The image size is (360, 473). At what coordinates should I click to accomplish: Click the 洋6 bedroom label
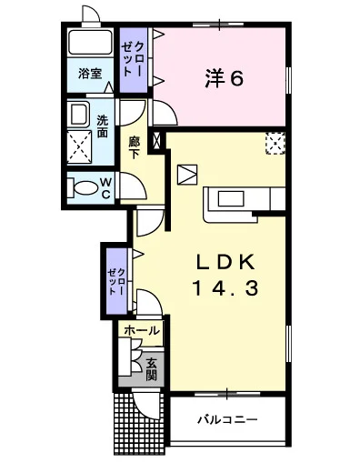point(225,78)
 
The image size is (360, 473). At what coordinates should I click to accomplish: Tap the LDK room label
point(225,262)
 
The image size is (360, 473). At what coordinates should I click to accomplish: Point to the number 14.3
point(225,288)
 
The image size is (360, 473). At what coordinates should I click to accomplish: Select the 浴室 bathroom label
point(90,74)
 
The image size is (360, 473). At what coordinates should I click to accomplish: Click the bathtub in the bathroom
point(90,42)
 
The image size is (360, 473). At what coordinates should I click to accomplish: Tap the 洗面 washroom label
point(103,126)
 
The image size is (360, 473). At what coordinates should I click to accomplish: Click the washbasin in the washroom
point(79,115)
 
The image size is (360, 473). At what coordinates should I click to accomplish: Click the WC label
point(105,188)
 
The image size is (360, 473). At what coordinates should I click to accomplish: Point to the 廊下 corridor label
point(134,147)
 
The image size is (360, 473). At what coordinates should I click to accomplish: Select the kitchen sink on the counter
point(231,199)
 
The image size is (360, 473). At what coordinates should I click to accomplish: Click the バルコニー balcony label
point(227,419)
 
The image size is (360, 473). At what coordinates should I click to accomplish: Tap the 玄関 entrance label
point(151,369)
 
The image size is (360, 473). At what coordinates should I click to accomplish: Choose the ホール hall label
point(142,330)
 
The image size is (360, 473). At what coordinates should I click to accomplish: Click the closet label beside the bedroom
point(133,59)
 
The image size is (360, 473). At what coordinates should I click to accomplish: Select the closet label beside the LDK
point(116,281)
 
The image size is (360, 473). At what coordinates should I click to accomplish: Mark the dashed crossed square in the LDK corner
point(275,143)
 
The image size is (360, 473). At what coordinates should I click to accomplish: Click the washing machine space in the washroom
point(79,147)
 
